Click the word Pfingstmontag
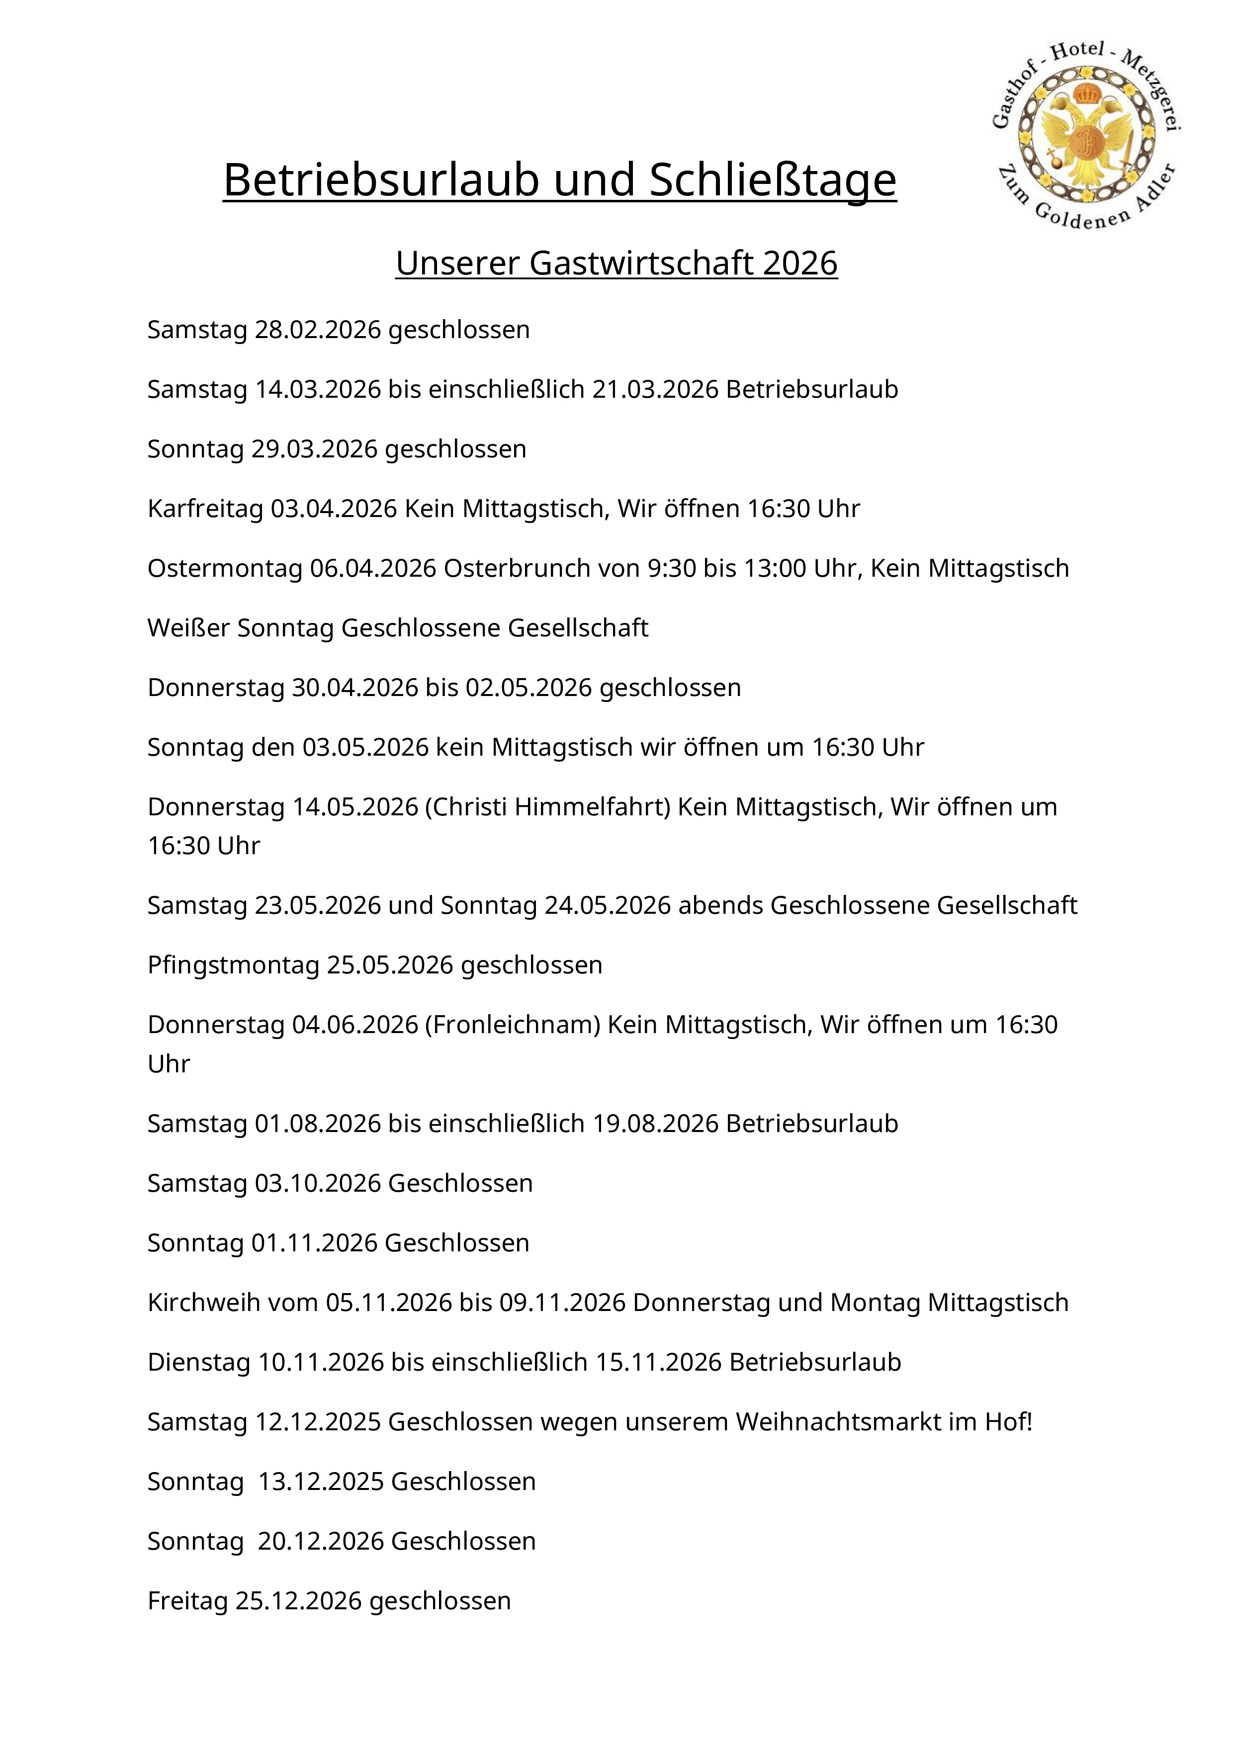[x=233, y=964]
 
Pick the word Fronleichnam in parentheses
[x=513, y=1025]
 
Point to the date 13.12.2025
[x=321, y=1481]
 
